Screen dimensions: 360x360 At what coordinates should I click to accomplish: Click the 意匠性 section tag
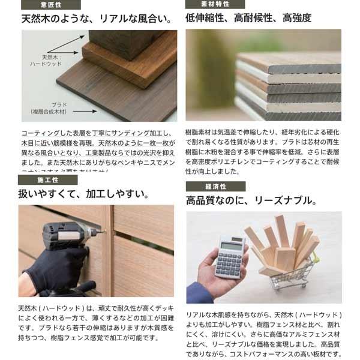pyautogui.click(x=50, y=5)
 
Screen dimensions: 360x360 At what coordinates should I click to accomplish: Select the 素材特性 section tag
pyautogui.click(x=215, y=5)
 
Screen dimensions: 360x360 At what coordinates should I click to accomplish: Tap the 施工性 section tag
pyautogui.click(x=47, y=179)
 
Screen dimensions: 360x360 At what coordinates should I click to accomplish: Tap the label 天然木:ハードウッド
pyautogui.click(x=47, y=61)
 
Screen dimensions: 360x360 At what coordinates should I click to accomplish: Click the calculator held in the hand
pyautogui.click(x=230, y=259)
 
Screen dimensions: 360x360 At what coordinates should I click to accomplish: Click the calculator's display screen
pyautogui.click(x=232, y=247)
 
